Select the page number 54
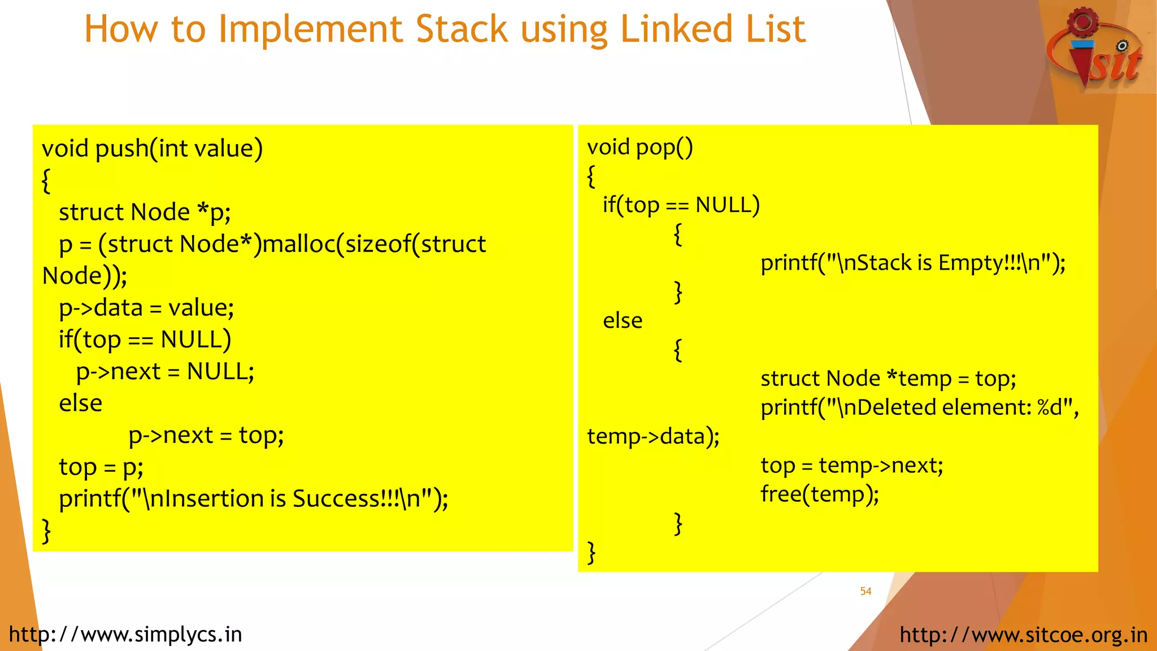click(865, 591)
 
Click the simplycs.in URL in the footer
click(125, 635)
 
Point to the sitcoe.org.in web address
click(1023, 635)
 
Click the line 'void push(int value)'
click(152, 149)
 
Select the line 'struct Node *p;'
click(145, 212)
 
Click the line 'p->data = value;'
click(146, 308)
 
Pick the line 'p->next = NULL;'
click(165, 372)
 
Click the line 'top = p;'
click(101, 467)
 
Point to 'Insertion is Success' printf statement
click(254, 499)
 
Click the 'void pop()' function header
click(640, 147)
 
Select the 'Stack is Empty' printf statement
click(912, 263)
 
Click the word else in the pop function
click(622, 321)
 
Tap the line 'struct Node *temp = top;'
click(888, 379)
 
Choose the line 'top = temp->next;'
click(851, 466)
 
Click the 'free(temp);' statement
click(819, 494)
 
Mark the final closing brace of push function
click(46, 531)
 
